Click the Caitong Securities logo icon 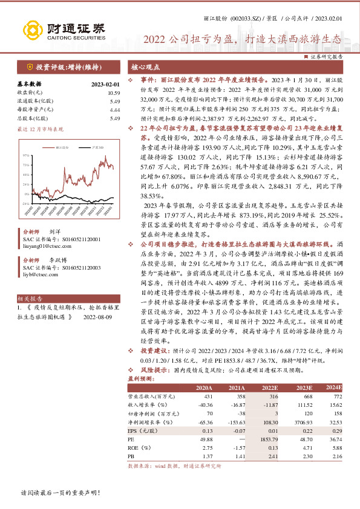(x=33, y=28)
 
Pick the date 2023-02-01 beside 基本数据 (x=106, y=85)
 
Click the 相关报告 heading (x=29, y=298)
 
